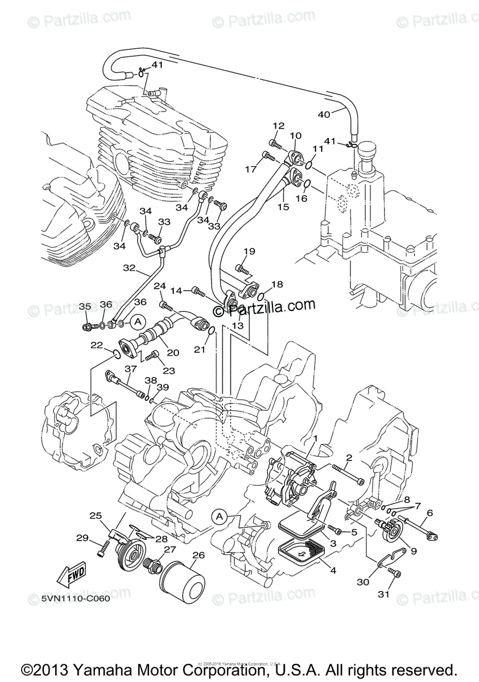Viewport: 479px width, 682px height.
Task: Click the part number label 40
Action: (x=323, y=114)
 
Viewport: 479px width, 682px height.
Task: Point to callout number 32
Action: (x=129, y=267)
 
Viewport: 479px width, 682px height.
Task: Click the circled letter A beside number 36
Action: (x=137, y=321)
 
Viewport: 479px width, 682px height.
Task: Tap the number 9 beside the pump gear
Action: (x=413, y=550)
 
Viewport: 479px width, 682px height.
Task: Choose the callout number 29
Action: (x=82, y=538)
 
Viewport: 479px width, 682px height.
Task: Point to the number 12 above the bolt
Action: (x=278, y=126)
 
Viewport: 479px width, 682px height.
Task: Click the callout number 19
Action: (x=249, y=251)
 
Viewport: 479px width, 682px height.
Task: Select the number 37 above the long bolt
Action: (x=130, y=369)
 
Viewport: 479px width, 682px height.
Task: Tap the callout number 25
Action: (x=96, y=515)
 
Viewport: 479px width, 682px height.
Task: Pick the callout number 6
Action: (x=429, y=513)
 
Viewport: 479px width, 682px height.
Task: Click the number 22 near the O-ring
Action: (x=96, y=345)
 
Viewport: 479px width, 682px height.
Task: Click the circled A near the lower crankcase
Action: (x=220, y=516)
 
